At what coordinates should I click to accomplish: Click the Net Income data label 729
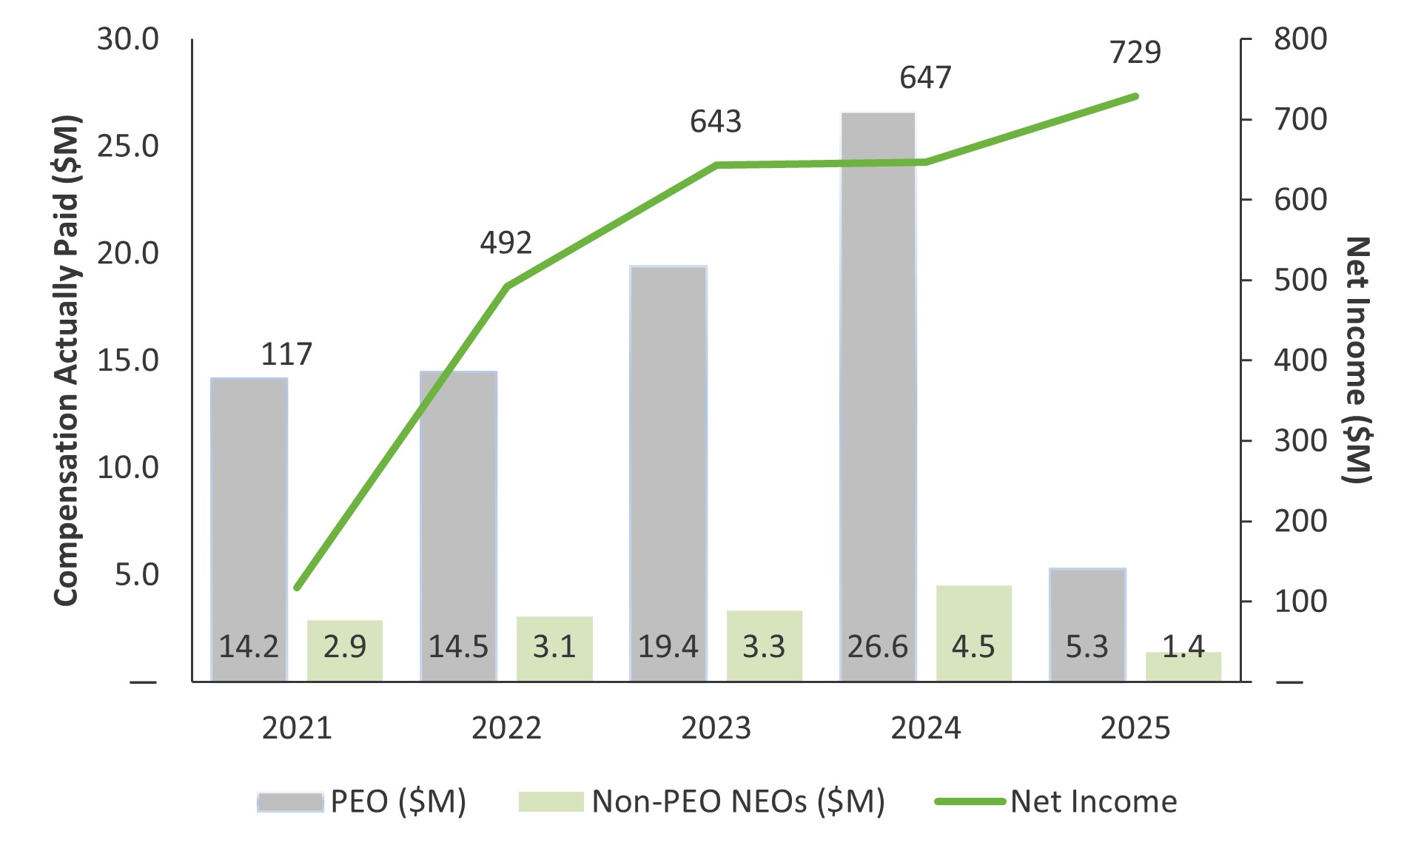(1135, 53)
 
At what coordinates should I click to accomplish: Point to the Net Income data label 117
(286, 354)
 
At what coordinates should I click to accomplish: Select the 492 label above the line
(506, 243)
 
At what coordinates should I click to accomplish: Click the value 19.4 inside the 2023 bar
(668, 647)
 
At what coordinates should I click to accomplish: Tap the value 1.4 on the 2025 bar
(1183, 647)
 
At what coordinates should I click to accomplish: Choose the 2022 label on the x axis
(506, 728)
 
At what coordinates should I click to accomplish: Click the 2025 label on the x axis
(1135, 728)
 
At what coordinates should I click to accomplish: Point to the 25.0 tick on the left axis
(128, 147)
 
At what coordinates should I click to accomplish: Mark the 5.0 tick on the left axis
(136, 575)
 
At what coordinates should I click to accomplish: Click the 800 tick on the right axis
(1300, 39)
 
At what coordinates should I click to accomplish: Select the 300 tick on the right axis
(1300, 441)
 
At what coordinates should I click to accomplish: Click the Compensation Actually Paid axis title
(67, 360)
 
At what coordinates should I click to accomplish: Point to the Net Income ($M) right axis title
(1357, 360)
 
